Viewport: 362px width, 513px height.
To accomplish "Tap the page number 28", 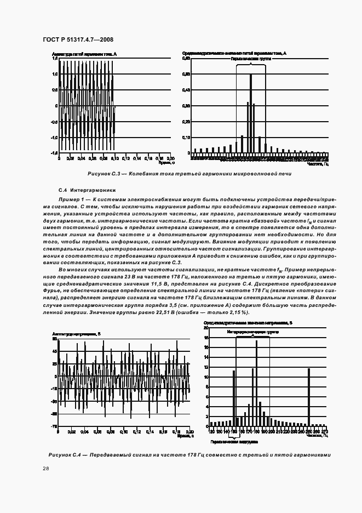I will point(45,468).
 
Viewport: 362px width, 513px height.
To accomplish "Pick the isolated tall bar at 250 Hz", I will point(309,397).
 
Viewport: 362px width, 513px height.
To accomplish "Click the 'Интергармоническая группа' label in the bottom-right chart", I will point(254,332).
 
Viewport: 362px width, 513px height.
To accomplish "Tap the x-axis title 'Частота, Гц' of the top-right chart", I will point(318,164).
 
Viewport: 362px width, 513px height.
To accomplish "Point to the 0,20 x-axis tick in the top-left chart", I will point(170,158).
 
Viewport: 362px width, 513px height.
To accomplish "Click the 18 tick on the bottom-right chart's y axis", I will point(206,328).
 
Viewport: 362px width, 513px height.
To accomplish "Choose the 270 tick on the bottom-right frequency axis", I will point(324,431).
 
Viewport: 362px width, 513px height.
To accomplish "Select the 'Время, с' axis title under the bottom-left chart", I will point(180,436).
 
